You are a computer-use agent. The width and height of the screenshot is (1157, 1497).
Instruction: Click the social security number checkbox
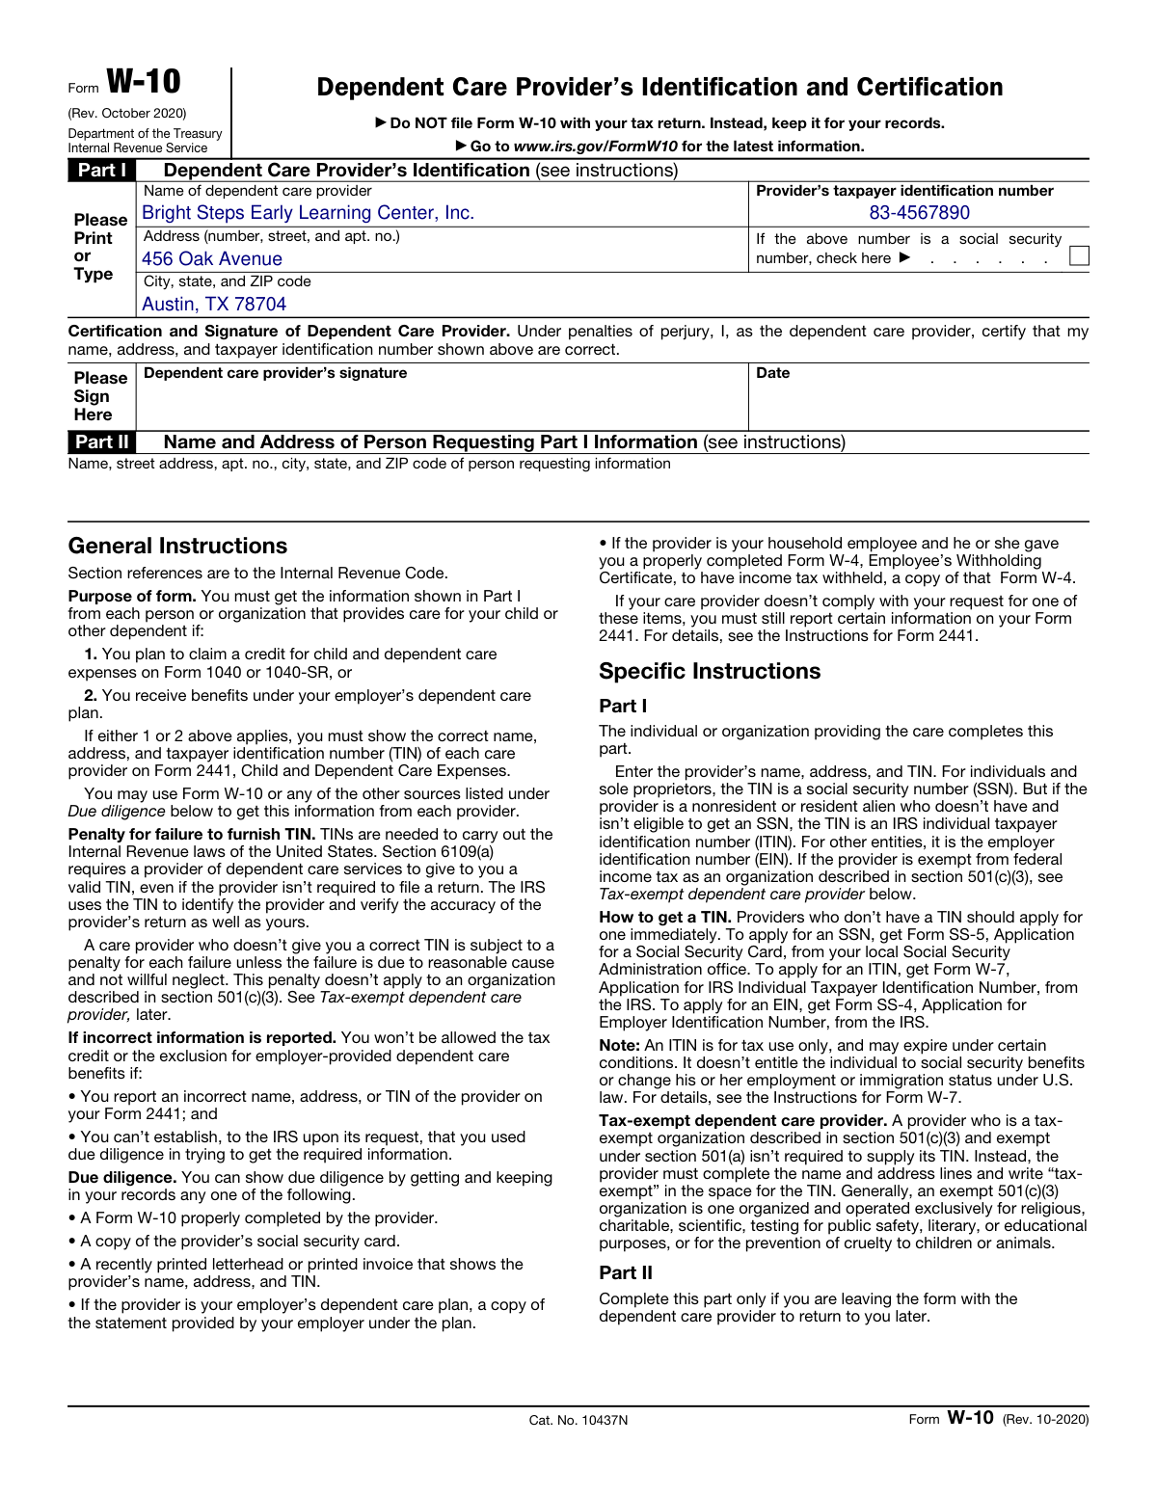point(1079,255)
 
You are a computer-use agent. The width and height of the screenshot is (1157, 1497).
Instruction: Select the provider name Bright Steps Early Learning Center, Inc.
point(308,213)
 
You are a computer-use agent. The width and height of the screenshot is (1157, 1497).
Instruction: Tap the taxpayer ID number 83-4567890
point(919,213)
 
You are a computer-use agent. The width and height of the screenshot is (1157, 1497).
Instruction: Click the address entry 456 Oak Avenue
point(212,259)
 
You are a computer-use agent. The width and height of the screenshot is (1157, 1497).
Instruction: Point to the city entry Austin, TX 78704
point(214,305)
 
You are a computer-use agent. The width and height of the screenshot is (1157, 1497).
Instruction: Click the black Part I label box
point(101,171)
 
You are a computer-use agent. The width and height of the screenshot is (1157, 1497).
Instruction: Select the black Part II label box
point(101,442)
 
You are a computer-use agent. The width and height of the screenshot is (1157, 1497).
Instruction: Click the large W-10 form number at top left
point(143,81)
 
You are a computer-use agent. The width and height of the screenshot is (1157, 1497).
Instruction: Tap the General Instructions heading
point(177,547)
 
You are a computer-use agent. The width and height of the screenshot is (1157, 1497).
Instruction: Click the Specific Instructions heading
point(710,672)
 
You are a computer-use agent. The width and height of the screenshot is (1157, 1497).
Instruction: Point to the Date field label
point(772,373)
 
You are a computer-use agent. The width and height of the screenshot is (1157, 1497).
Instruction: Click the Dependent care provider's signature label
point(275,373)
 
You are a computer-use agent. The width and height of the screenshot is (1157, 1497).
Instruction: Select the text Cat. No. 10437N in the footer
point(578,1420)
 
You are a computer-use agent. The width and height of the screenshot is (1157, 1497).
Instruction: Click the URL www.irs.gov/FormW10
point(595,147)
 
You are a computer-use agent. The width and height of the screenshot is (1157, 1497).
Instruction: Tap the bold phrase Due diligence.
point(121,1178)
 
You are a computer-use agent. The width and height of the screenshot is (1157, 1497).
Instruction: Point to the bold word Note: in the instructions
point(619,1046)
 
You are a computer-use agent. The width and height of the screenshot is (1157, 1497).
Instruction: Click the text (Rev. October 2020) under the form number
point(127,114)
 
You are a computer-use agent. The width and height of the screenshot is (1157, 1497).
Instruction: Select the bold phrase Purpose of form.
point(132,597)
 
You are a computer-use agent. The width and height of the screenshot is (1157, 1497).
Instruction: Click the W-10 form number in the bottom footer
point(969,1418)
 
